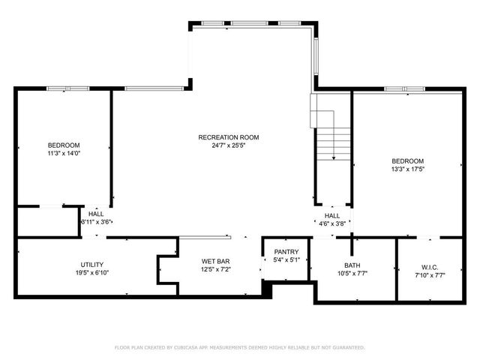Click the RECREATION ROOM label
(x=228, y=137)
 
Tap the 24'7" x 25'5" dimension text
(x=228, y=145)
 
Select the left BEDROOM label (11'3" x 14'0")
(x=64, y=145)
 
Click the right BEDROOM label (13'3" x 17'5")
(x=407, y=161)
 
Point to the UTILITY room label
(x=92, y=265)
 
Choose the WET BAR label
(x=214, y=261)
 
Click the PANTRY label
(x=286, y=252)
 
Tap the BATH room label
(x=352, y=265)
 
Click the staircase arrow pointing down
(x=333, y=155)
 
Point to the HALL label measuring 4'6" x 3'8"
(x=332, y=216)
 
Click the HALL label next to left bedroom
(x=96, y=214)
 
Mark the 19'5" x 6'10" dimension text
(x=92, y=273)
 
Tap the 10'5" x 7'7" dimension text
(x=352, y=273)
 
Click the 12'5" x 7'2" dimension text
(x=214, y=269)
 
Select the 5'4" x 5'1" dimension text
(x=286, y=260)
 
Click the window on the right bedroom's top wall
(x=405, y=89)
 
